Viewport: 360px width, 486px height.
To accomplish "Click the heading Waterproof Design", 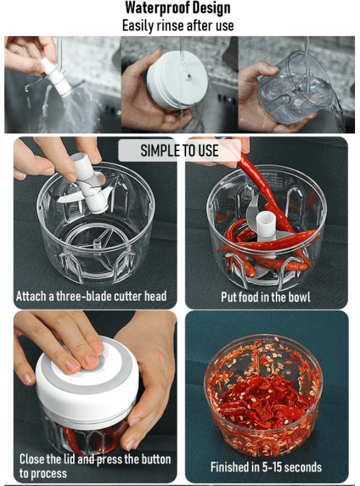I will (x=178, y=8).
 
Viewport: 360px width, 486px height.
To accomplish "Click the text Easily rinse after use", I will (x=178, y=26).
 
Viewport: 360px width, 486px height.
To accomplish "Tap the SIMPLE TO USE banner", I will (x=179, y=150).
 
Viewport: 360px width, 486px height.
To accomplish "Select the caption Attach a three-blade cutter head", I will (x=91, y=296).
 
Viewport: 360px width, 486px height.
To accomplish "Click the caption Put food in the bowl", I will (x=266, y=296).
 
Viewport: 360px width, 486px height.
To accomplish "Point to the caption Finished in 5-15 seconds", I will (x=266, y=467).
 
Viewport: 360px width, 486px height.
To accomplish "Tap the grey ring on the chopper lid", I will (x=78, y=374).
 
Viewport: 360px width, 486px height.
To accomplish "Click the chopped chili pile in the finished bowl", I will (x=262, y=399).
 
